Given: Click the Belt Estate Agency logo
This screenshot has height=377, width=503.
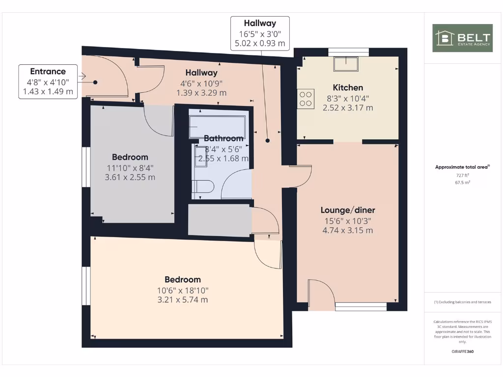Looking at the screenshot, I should [x=462, y=38].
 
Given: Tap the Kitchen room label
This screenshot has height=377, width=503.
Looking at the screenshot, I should [x=348, y=87].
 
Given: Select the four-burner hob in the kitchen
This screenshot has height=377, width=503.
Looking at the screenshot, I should [x=306, y=98].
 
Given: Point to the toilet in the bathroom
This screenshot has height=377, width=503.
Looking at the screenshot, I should [x=204, y=187].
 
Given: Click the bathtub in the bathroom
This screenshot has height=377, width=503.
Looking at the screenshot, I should [x=218, y=126].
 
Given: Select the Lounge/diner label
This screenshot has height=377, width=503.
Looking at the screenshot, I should [x=347, y=210].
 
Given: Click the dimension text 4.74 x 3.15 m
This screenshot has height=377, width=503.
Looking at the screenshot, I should [x=347, y=230].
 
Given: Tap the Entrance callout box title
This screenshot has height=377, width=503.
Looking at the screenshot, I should [x=48, y=72].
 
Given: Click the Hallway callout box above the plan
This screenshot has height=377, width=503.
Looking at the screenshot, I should [x=260, y=33].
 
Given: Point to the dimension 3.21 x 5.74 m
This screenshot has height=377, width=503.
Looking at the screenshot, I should [x=182, y=299].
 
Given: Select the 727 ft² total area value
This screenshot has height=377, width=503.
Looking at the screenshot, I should [x=462, y=175].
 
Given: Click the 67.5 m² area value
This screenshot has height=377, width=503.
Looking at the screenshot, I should [x=462, y=182].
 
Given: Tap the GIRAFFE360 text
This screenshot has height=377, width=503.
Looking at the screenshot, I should [x=462, y=351].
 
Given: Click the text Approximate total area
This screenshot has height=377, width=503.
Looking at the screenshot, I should [x=462, y=167].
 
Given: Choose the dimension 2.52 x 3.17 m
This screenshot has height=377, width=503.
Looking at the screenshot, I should [x=348, y=108].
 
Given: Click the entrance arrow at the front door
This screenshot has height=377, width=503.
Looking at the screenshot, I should [x=83, y=76].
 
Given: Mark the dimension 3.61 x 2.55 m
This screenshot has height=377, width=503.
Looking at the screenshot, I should [x=130, y=177].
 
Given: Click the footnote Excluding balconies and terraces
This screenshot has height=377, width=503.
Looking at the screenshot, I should [x=462, y=302].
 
